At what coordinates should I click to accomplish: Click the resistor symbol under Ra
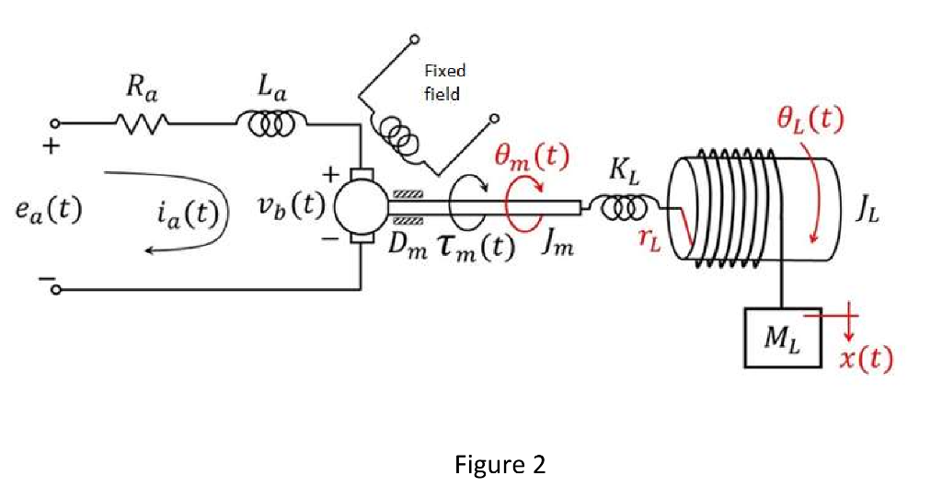point(141,122)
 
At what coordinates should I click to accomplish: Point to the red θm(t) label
point(526,157)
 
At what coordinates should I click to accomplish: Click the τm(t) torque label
point(473,249)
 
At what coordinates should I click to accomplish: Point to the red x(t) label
point(866,358)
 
